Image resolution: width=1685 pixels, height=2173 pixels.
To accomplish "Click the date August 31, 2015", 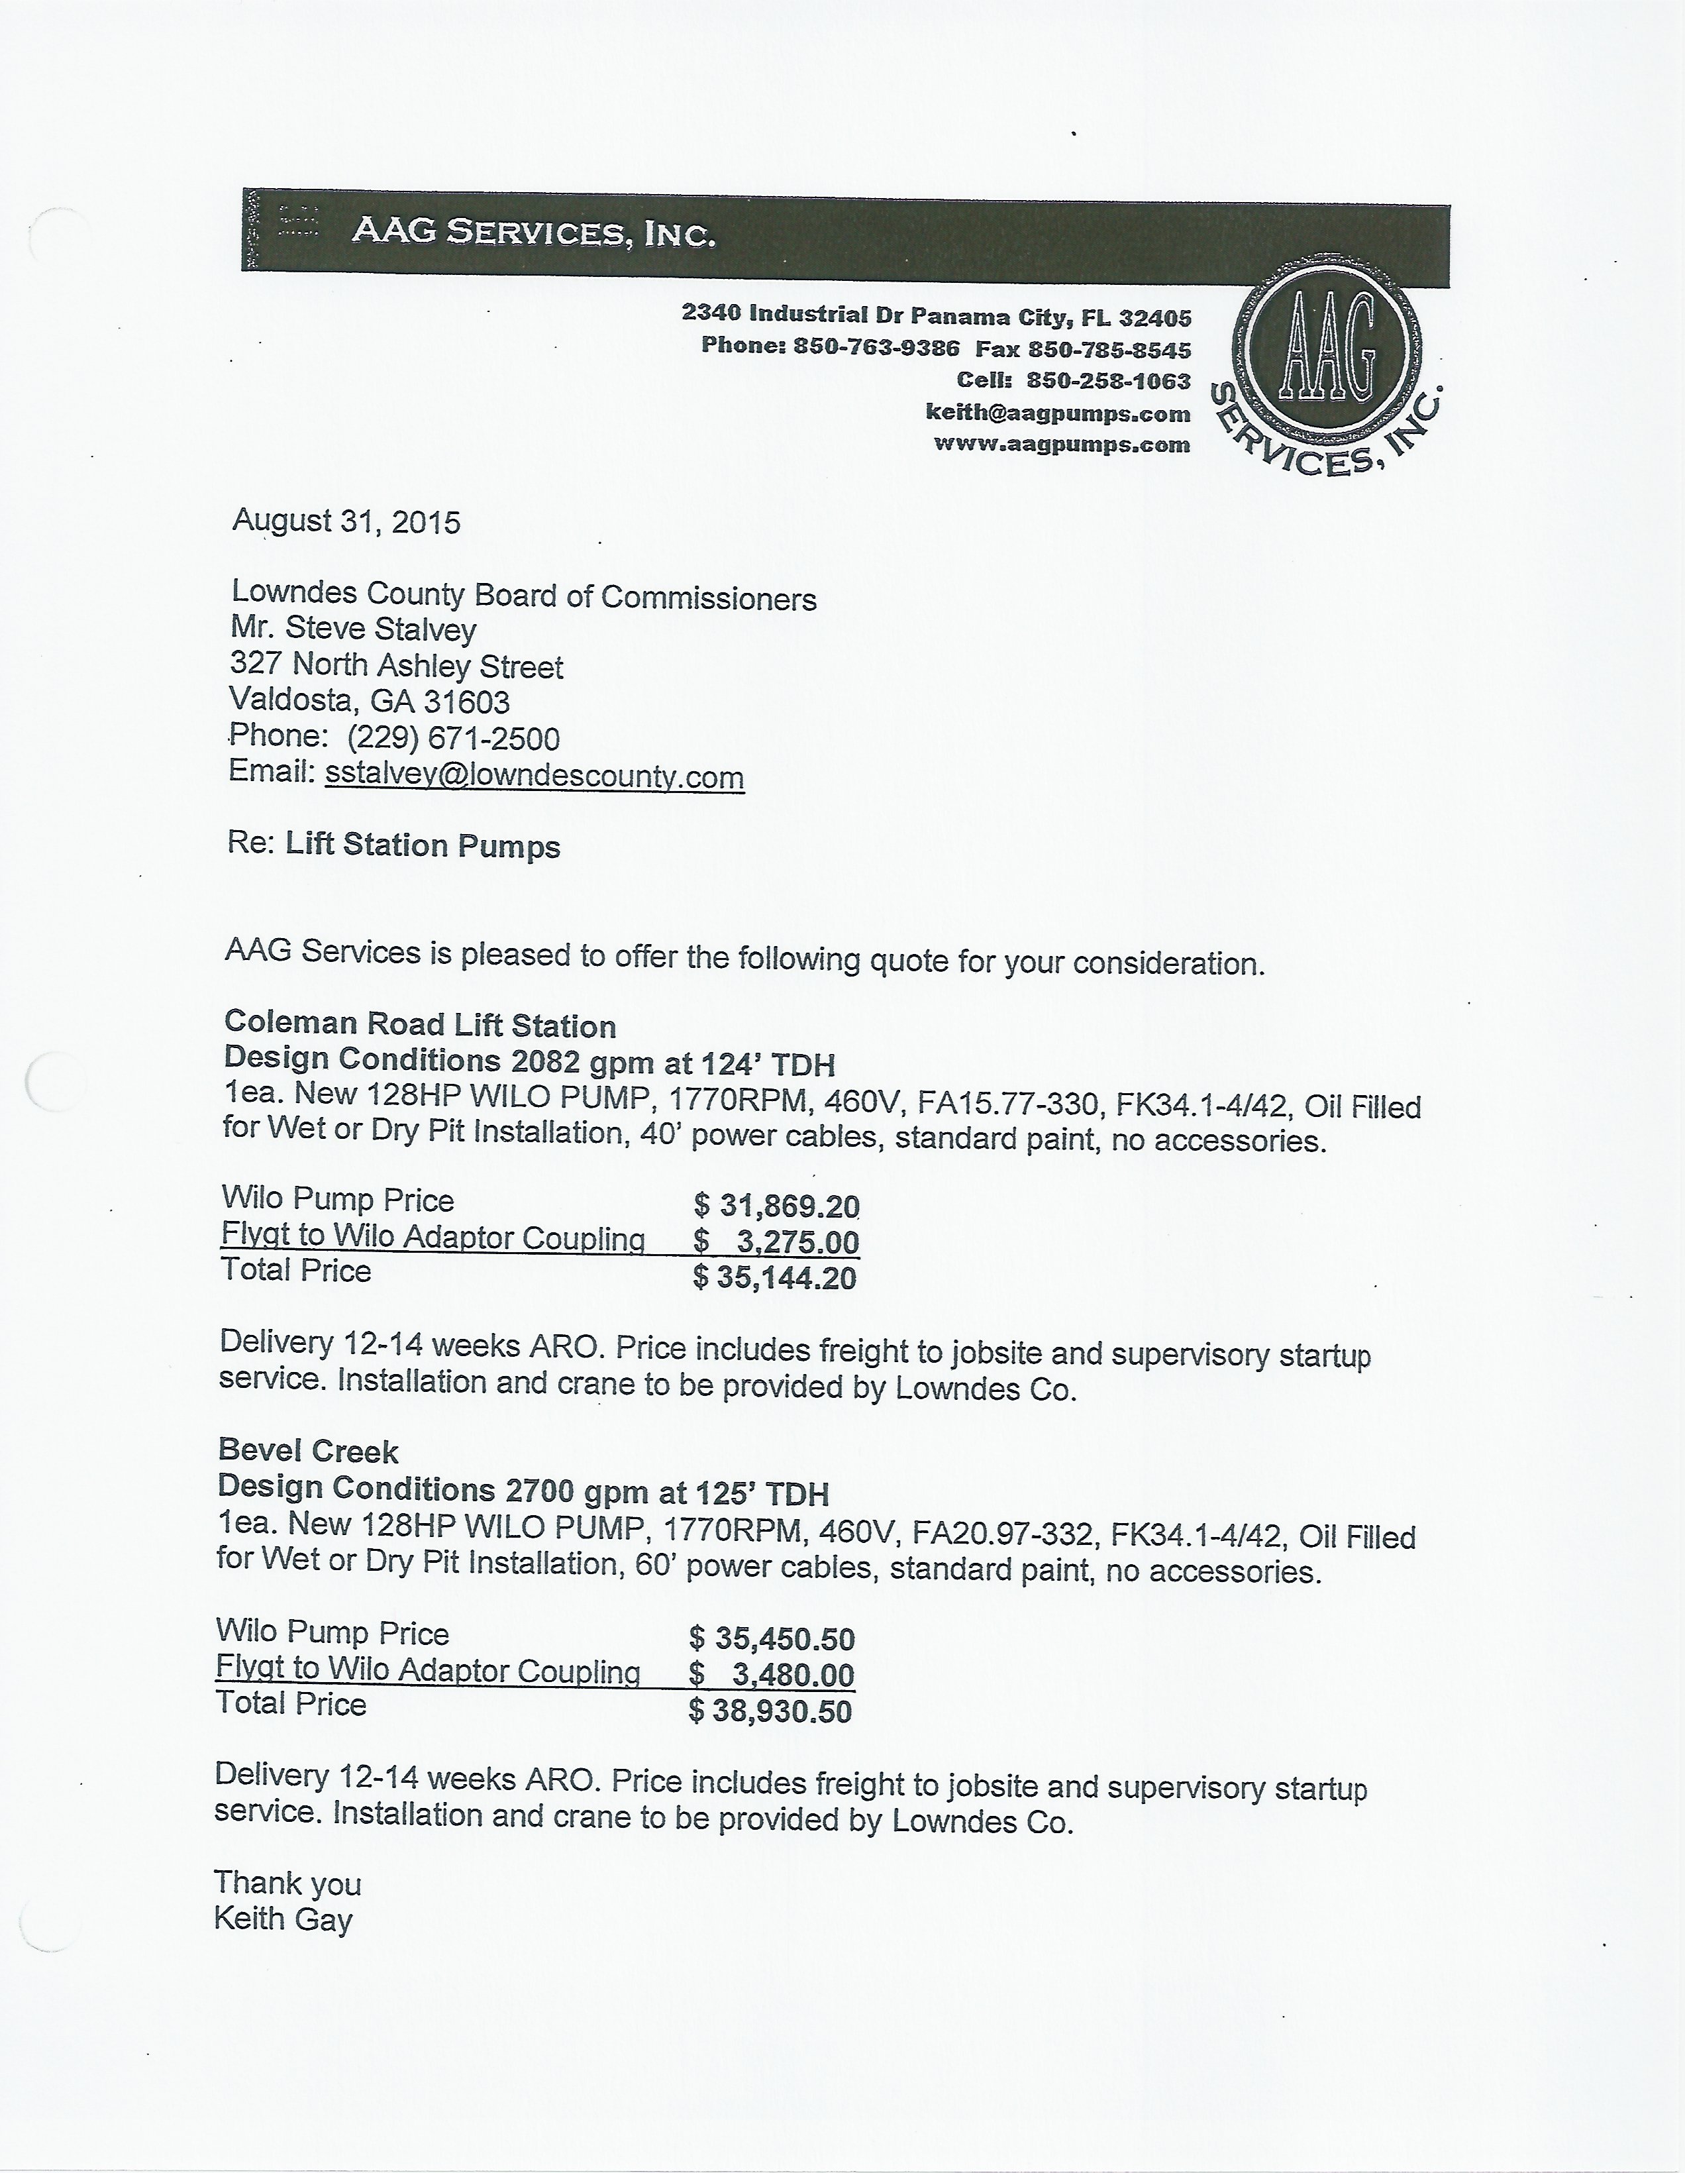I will pyautogui.click(x=346, y=522).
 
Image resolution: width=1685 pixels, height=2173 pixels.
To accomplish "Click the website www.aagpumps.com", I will pyautogui.click(x=1061, y=445).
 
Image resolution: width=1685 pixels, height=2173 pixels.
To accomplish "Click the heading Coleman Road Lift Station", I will pyautogui.click(x=420, y=1025).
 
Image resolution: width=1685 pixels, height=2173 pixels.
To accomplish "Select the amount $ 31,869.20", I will pyautogui.click(x=776, y=1206).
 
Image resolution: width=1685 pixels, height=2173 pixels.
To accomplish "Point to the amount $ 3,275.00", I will pyautogui.click(x=776, y=1242).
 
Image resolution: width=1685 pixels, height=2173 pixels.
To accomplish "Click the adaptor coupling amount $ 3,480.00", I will pyautogui.click(x=772, y=1675).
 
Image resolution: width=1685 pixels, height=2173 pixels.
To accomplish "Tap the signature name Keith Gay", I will pyautogui.click(x=283, y=1919).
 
